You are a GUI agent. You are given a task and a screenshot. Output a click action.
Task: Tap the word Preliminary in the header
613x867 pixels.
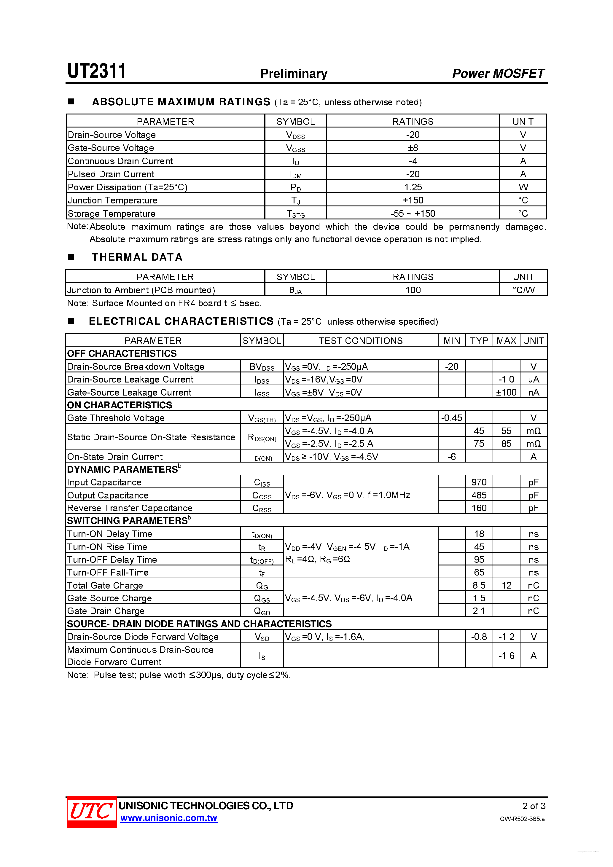[x=294, y=73]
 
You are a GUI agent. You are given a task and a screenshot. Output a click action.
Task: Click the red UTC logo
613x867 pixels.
[x=91, y=812]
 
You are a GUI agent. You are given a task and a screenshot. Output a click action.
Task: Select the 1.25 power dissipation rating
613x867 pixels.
[x=413, y=187]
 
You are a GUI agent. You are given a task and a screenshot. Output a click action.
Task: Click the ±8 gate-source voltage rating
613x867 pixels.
[x=413, y=148]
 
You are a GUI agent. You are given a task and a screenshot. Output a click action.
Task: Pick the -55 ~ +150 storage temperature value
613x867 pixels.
[x=413, y=213]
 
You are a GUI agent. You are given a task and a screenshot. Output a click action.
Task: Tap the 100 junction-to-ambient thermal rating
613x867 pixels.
[x=413, y=290]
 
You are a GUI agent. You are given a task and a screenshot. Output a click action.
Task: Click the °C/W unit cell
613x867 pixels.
[x=523, y=290]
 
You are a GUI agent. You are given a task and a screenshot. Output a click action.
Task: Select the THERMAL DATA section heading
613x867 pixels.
[x=137, y=257]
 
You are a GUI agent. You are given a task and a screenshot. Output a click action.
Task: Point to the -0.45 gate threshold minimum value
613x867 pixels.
[x=451, y=418]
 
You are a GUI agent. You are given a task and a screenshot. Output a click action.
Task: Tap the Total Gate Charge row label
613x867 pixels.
[x=105, y=585]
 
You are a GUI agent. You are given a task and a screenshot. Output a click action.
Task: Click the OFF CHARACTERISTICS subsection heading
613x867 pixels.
[x=122, y=353]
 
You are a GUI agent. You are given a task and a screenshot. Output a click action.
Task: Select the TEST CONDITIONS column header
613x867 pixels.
[x=360, y=341]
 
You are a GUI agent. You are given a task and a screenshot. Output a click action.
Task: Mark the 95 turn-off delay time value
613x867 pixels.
[x=479, y=560]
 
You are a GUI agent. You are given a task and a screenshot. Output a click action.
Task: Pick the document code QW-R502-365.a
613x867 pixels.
[x=522, y=819]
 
